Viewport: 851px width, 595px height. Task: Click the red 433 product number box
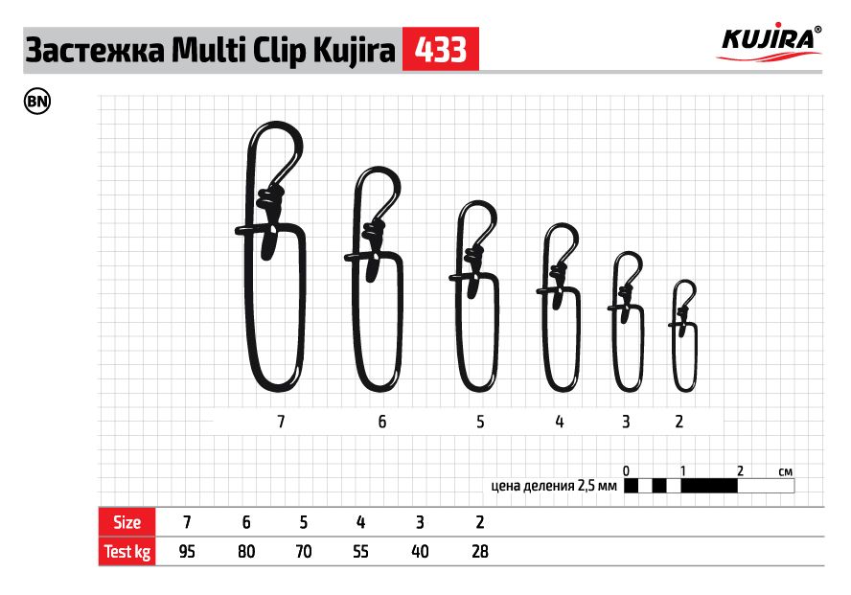440,49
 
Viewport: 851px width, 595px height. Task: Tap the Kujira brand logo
770,42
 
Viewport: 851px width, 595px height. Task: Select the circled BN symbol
37,102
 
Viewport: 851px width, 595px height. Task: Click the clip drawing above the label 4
545,336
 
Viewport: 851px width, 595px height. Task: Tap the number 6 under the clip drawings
382,422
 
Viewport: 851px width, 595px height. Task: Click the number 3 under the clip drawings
626,422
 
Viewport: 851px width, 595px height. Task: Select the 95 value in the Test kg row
187,552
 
